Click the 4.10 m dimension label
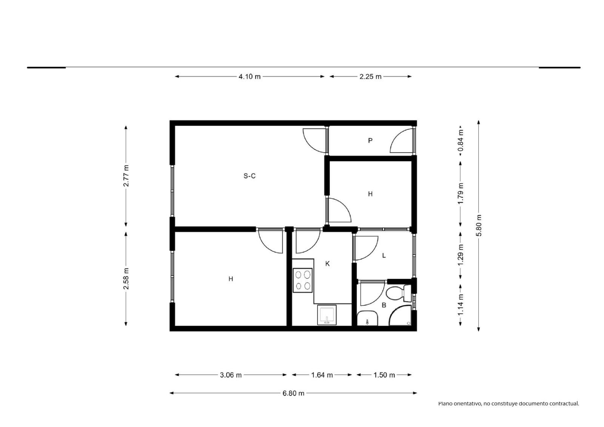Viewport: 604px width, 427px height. click(250, 77)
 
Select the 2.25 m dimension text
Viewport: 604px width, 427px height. click(370, 77)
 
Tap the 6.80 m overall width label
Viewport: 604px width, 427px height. click(293, 393)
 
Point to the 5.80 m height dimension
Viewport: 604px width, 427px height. click(479, 225)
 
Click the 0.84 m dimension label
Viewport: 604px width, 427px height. click(461, 140)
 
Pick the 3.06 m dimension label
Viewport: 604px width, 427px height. click(231, 375)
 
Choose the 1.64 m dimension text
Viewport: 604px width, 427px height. click(322, 375)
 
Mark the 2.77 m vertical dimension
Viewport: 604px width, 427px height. click(126, 176)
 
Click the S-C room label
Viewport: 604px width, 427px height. click(250, 176)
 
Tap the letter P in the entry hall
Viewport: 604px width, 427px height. click(370, 140)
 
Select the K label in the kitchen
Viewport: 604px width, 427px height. click(327, 264)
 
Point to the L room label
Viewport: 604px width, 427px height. click(384, 256)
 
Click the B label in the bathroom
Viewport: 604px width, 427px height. click(384, 305)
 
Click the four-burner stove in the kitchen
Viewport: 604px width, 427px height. click(302, 280)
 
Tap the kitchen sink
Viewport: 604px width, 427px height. click(327, 315)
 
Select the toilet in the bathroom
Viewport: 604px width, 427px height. click(398, 293)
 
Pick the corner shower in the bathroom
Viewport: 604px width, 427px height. click(400, 315)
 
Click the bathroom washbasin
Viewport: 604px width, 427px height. click(367, 319)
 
